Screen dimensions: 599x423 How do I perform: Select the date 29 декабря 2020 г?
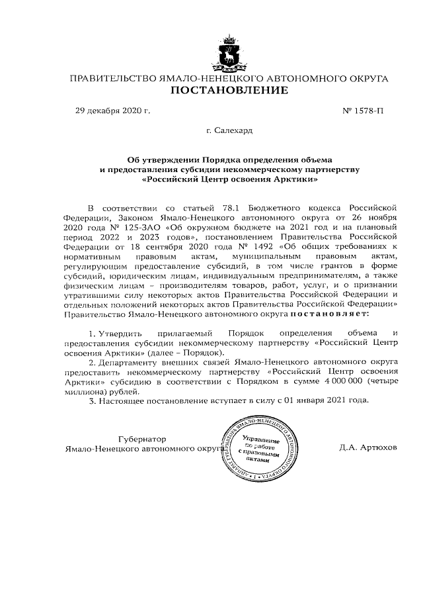point(113,111)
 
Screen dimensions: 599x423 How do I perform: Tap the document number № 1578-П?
point(362,111)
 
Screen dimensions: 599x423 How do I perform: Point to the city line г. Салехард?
point(229,131)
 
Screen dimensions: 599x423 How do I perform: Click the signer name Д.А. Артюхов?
point(368,447)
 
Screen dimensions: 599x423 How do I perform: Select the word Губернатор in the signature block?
point(141,438)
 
